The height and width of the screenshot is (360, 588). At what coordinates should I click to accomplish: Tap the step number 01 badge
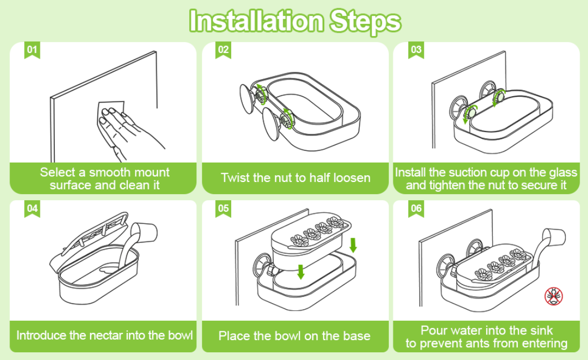[33, 50]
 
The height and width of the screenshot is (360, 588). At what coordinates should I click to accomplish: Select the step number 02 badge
[223, 50]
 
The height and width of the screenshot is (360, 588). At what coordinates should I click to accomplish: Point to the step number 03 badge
[416, 50]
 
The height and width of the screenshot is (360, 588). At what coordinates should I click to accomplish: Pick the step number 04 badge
[33, 208]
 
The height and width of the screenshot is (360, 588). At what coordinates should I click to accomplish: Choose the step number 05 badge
[223, 208]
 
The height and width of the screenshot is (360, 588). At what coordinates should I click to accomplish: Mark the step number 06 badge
[416, 208]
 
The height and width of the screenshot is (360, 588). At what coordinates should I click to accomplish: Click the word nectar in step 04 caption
[106, 335]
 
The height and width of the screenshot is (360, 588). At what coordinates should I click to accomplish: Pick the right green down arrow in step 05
[353, 244]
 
